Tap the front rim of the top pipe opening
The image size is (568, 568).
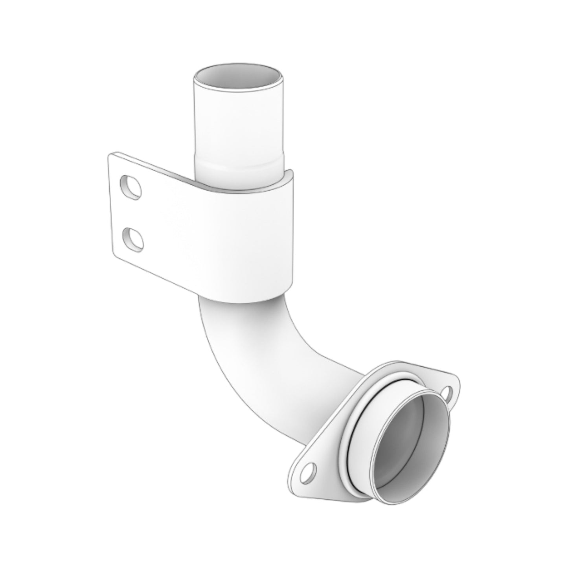pos(239,87)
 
